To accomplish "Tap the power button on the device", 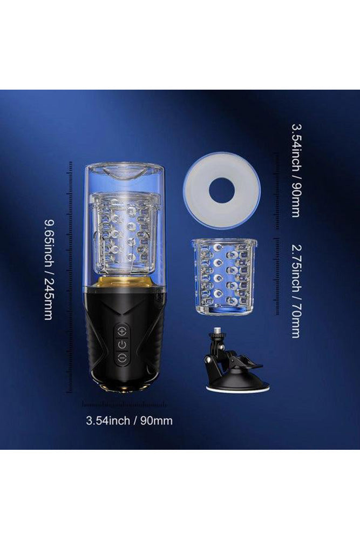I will click(x=123, y=345).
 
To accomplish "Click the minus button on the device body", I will click(x=123, y=358).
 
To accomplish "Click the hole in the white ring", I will click(x=221, y=190).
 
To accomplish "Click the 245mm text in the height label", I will click(x=48, y=296).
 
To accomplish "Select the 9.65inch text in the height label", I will click(x=48, y=244).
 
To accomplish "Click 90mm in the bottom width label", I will click(x=157, y=420).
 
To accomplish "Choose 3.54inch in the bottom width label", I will click(x=108, y=420).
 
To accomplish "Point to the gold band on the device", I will click(x=124, y=281).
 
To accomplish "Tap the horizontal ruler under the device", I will click(x=124, y=403).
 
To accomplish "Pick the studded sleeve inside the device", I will click(x=124, y=232).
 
